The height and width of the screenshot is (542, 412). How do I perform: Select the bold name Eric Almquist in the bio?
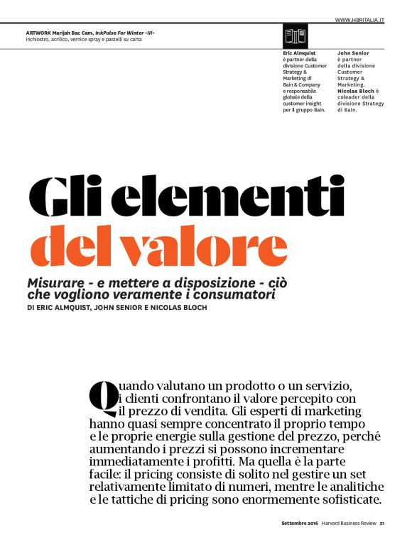coord(299,53)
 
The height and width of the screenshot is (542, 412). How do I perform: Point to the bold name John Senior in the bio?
coord(352,53)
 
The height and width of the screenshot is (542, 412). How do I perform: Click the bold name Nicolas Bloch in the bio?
coord(355,92)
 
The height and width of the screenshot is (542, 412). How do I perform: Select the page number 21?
coord(381,525)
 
